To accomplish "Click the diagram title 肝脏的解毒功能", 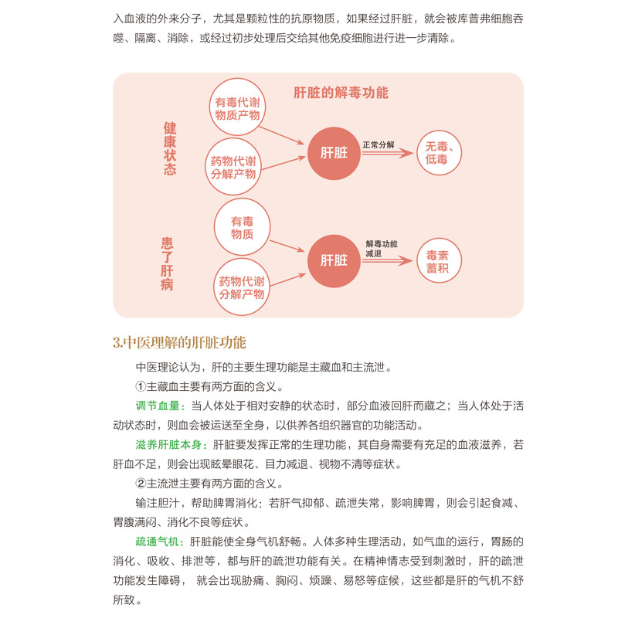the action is coord(341,93).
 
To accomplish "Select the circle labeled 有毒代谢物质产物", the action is coord(237,109).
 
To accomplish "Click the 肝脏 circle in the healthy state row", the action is coord(334,153).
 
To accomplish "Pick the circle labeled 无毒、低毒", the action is coord(436,153).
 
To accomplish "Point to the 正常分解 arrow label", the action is coord(379,144).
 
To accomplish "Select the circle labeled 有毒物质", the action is coord(242,227).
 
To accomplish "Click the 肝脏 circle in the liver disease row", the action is coord(334,260).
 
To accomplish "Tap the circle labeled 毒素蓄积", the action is coord(437,261).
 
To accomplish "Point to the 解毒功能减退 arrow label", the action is coord(381,248).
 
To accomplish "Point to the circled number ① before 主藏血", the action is coord(141,386).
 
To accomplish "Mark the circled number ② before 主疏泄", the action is coord(141,484).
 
